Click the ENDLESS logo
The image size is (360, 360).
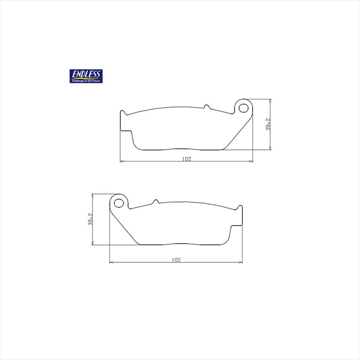point(86,76)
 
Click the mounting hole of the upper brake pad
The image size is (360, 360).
point(243,108)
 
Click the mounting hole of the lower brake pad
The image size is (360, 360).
point(119,203)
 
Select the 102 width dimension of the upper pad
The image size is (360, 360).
point(187,159)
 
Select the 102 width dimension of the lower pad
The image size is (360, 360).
point(176,260)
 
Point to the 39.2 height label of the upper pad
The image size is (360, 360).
point(268,124)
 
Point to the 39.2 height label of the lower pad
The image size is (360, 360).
point(90,219)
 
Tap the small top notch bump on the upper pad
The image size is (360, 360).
point(207,107)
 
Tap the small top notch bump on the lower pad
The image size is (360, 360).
point(156,201)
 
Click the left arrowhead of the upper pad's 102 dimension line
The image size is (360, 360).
point(122,161)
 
